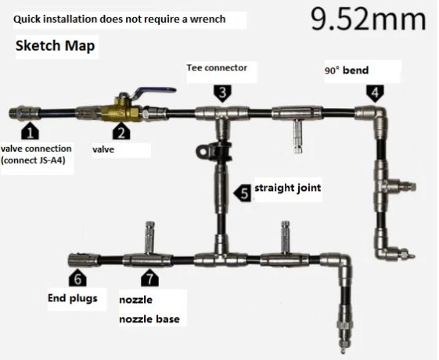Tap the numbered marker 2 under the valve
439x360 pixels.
121,131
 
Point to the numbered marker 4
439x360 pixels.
375,93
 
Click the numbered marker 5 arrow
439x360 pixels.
243,193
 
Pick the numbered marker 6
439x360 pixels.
77,278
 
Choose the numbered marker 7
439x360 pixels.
149,278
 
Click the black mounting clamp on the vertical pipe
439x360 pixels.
214,152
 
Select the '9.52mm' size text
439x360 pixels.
368,19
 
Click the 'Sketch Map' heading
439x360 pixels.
55,45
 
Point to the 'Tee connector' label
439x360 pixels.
217,68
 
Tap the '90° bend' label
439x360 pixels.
347,70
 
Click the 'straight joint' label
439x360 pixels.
287,188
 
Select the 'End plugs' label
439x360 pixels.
73,298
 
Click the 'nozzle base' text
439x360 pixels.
149,319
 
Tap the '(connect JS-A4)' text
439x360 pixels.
33,160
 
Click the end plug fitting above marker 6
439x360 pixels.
84,260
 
